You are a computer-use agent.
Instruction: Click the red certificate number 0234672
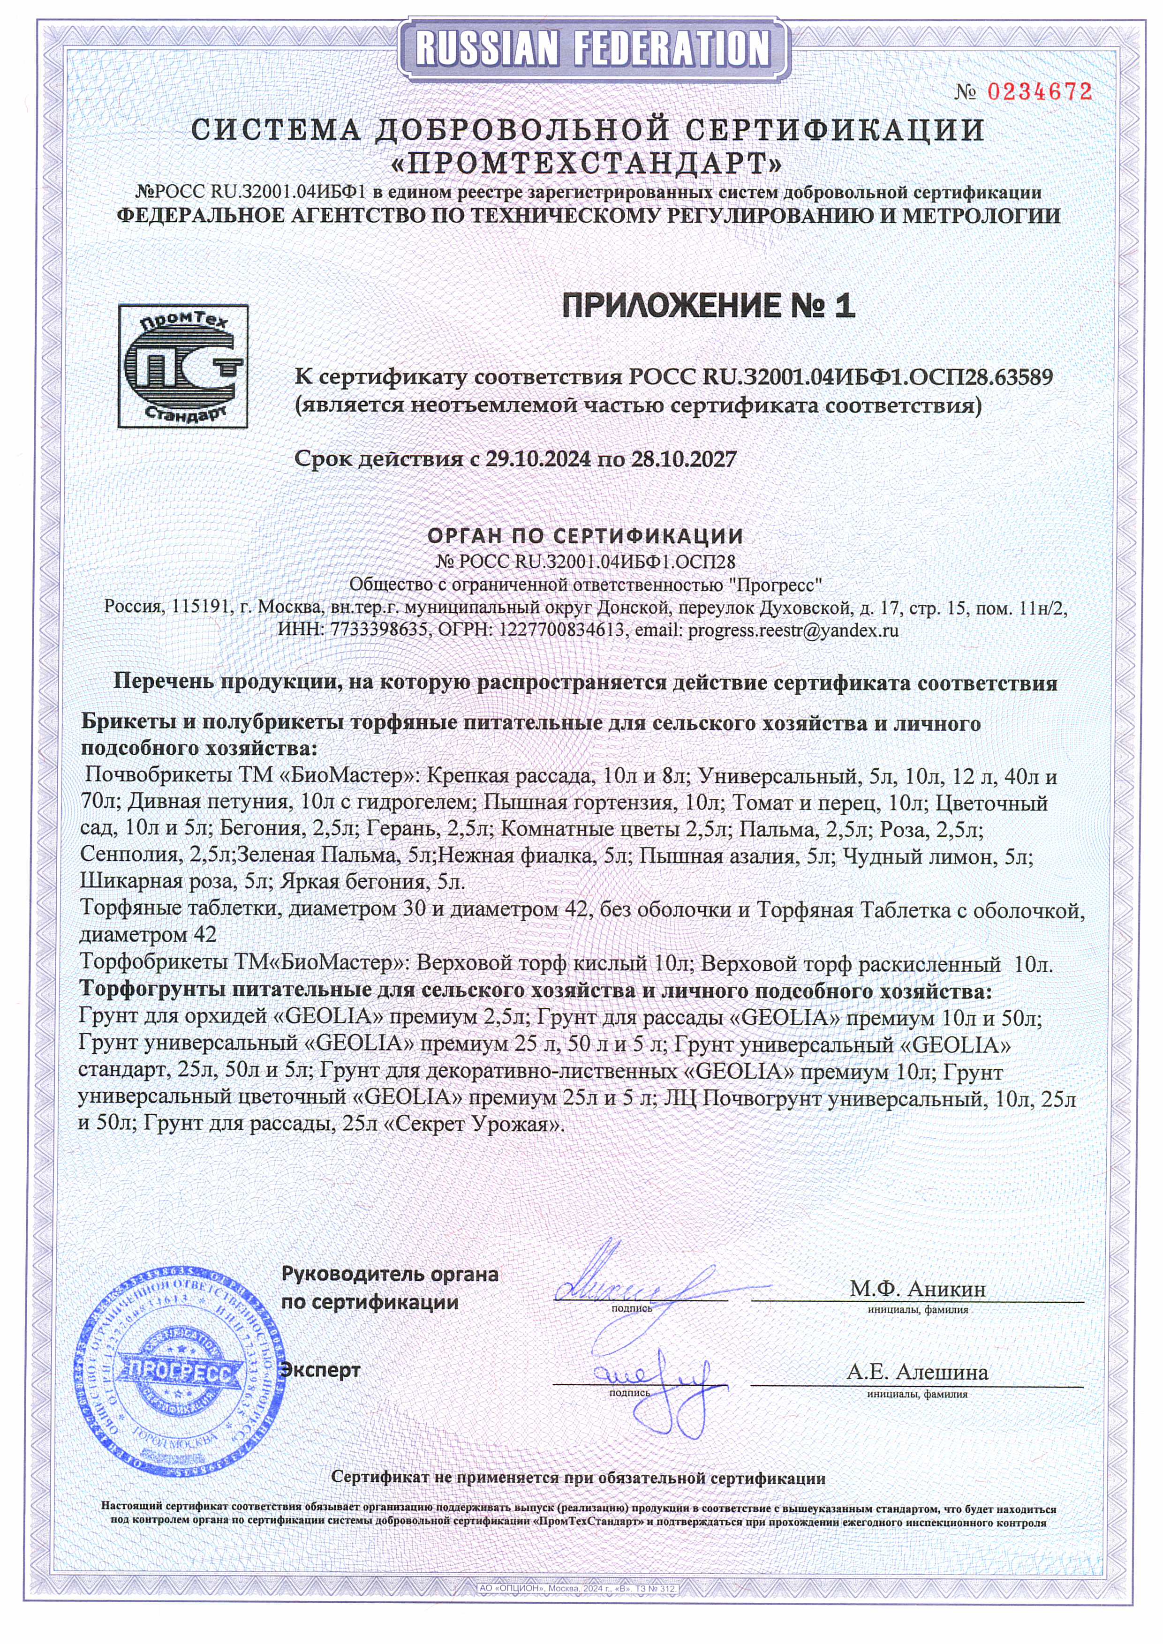(x=1040, y=92)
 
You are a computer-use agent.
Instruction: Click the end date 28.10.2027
(x=683, y=459)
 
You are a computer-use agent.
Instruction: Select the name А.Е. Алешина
(x=917, y=1372)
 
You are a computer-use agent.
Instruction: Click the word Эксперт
(x=320, y=1371)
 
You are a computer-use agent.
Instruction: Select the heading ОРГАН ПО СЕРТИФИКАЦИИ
(x=585, y=536)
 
